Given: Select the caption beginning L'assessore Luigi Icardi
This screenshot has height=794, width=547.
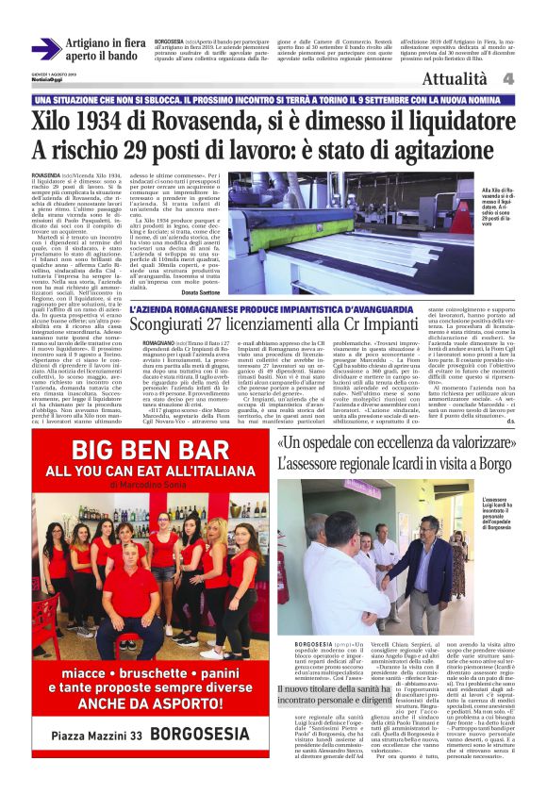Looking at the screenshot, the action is [x=502, y=514].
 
